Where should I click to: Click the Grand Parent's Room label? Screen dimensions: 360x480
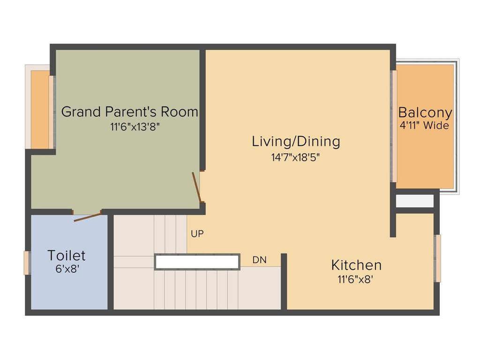tap(129, 112)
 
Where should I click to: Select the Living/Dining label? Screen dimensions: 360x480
tap(296, 141)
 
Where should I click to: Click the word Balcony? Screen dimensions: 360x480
tap(425, 113)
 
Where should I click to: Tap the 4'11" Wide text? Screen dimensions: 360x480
tap(425, 126)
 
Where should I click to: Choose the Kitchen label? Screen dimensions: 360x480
tap(356, 265)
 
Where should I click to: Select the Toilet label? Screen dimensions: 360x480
tap(67, 255)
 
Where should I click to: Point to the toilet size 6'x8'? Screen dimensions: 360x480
tap(67, 270)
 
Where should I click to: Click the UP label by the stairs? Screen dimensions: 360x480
tap(197, 233)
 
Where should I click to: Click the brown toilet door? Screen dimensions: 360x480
tap(87, 217)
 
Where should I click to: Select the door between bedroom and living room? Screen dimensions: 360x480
tap(198, 187)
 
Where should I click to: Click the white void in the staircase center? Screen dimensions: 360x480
tap(197, 262)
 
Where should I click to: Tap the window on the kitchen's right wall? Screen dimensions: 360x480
tap(438, 258)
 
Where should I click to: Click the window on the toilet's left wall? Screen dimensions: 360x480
tap(27, 263)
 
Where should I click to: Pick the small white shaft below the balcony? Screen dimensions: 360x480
tap(415, 201)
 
